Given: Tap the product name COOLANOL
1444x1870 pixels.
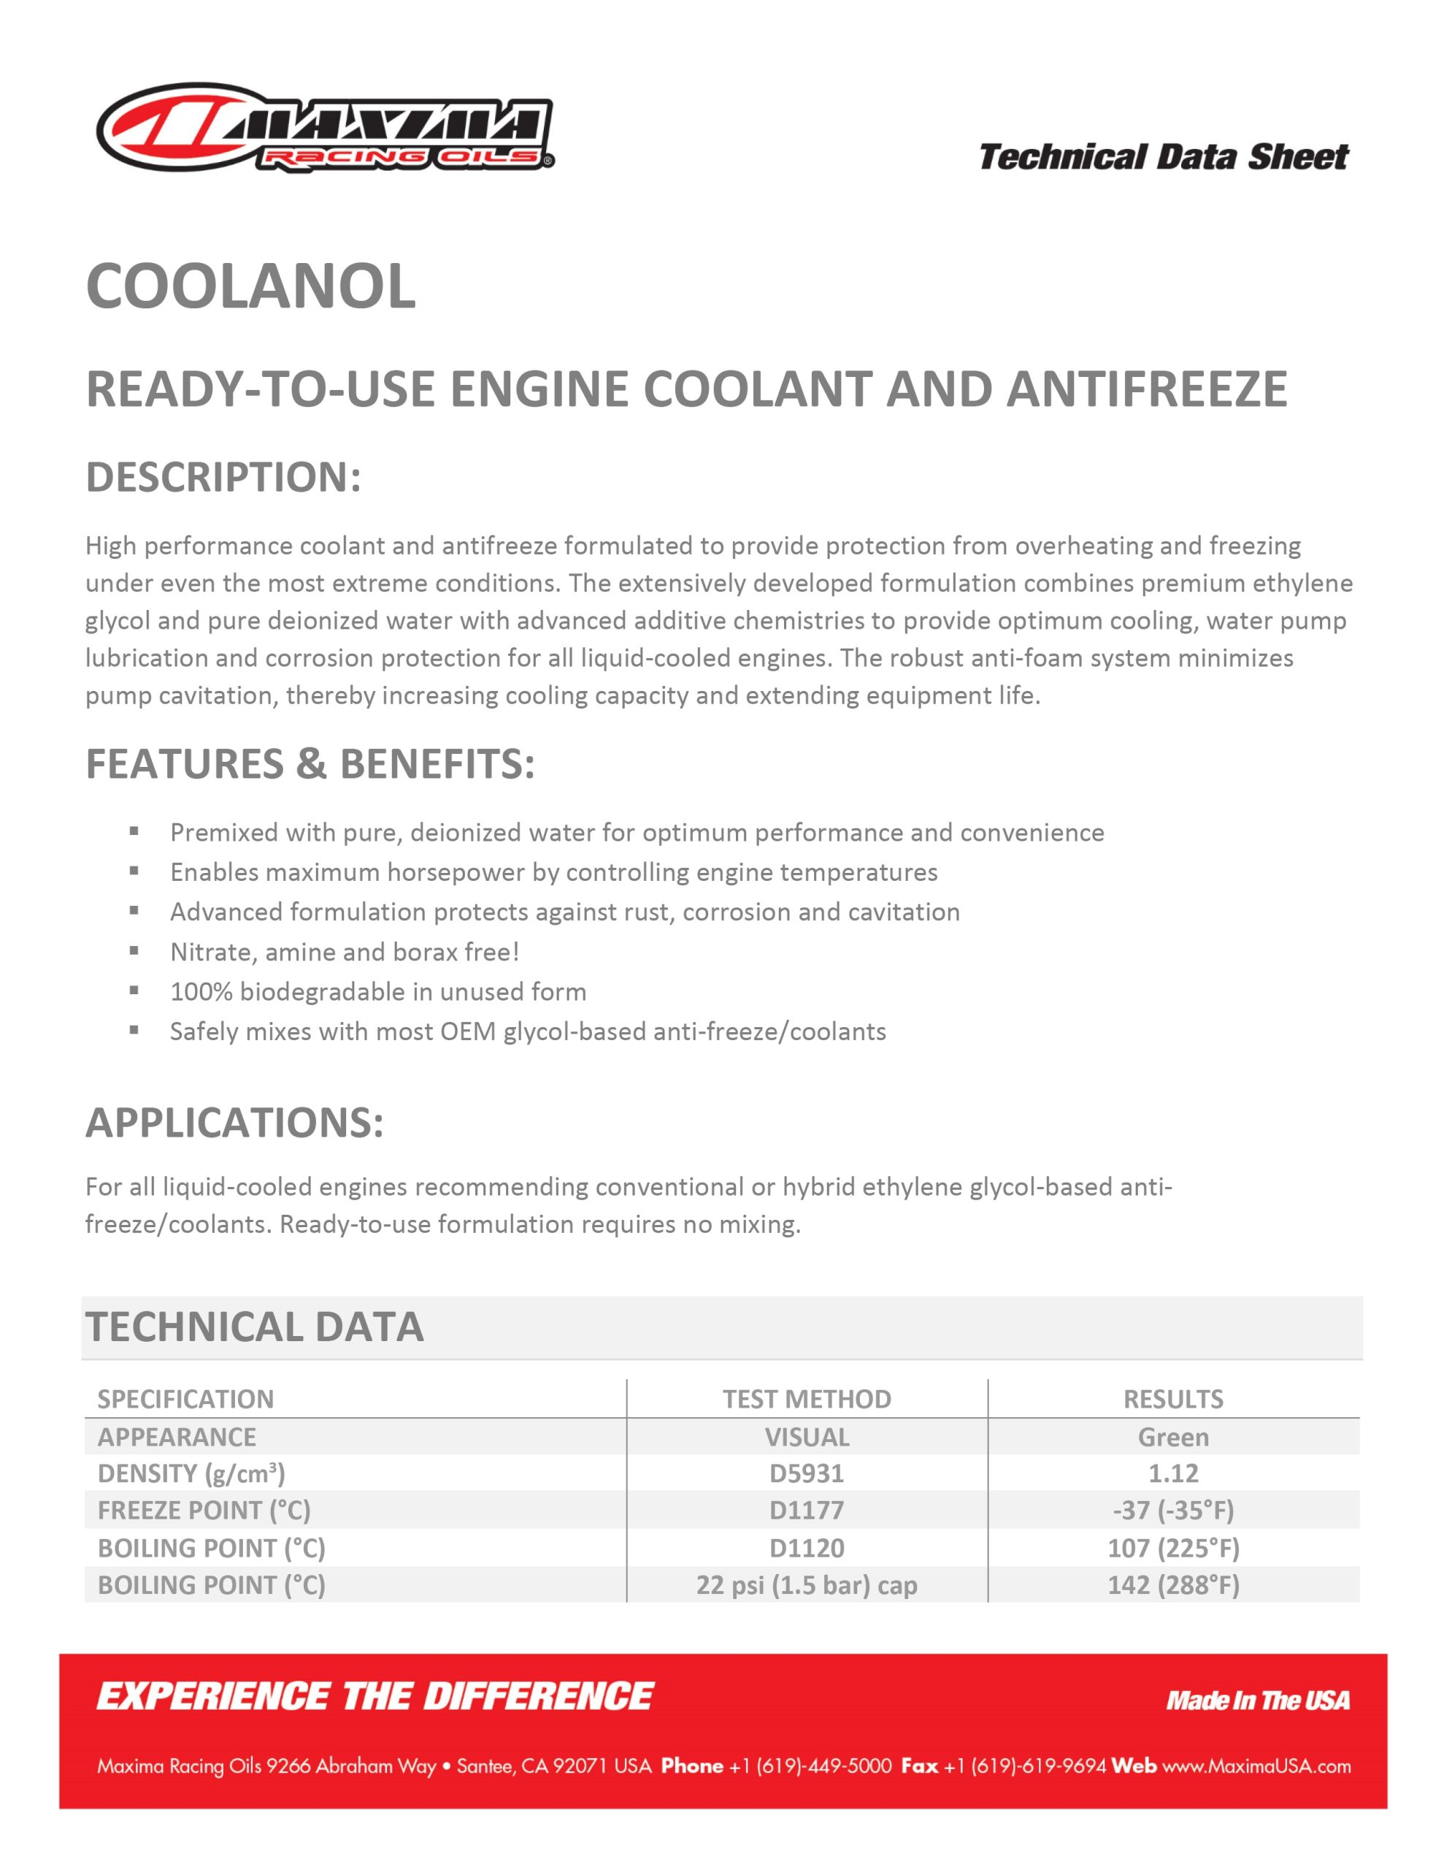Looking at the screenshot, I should pyautogui.click(x=251, y=286).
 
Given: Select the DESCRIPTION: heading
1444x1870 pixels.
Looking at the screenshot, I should pyautogui.click(x=223, y=477).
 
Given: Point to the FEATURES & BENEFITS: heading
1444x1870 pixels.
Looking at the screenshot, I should pyautogui.click(x=310, y=764).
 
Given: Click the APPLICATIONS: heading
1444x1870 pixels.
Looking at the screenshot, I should pyautogui.click(x=234, y=1123).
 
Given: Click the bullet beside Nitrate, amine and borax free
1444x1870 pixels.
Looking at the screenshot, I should pyautogui.click(x=134, y=950).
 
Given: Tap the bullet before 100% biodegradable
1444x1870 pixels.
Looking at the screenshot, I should pyautogui.click(x=134, y=991).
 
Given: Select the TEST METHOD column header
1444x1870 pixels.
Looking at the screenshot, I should pyautogui.click(x=806, y=1399).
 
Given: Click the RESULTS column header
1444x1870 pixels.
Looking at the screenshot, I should pyautogui.click(x=1172, y=1399).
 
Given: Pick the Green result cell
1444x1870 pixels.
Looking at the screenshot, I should pyautogui.click(x=1172, y=1437).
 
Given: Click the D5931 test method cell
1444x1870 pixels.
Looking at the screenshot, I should pyautogui.click(x=806, y=1473).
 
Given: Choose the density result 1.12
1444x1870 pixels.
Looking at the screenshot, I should pyautogui.click(x=1172, y=1473).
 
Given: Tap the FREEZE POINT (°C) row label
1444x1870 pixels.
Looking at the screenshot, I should pyautogui.click(x=204, y=1511).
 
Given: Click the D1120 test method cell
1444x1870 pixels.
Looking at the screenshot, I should pyautogui.click(x=806, y=1548).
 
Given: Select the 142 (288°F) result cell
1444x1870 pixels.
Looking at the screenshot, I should pyautogui.click(x=1172, y=1585).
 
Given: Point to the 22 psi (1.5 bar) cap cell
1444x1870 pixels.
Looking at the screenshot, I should pyautogui.click(x=806, y=1585).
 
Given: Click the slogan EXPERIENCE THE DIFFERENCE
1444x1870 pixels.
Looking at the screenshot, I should pyautogui.click(x=375, y=1697).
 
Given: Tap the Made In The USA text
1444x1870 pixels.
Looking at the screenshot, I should pyautogui.click(x=1257, y=1701).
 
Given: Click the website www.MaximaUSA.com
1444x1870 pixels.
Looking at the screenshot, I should pyautogui.click(x=1256, y=1766).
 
